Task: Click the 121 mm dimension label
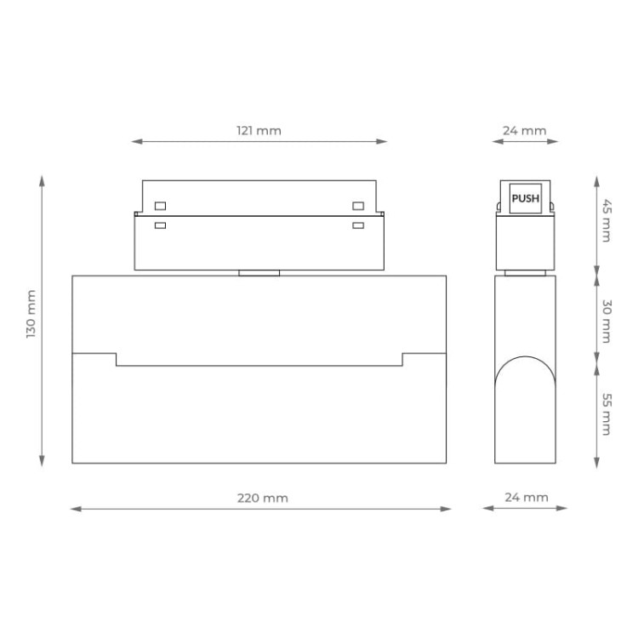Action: click(259, 131)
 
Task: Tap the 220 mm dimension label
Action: click(262, 498)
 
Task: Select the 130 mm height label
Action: click(31, 315)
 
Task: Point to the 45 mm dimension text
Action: click(606, 221)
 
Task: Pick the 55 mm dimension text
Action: click(606, 414)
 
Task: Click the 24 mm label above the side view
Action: click(524, 131)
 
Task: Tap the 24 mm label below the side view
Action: click(527, 498)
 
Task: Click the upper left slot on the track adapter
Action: click(159, 205)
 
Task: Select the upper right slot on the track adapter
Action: click(358, 205)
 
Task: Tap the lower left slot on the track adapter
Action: click(159, 225)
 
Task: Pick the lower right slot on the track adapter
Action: click(358, 225)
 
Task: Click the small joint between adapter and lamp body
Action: click(259, 273)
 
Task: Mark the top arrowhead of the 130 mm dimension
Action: click(42, 179)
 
